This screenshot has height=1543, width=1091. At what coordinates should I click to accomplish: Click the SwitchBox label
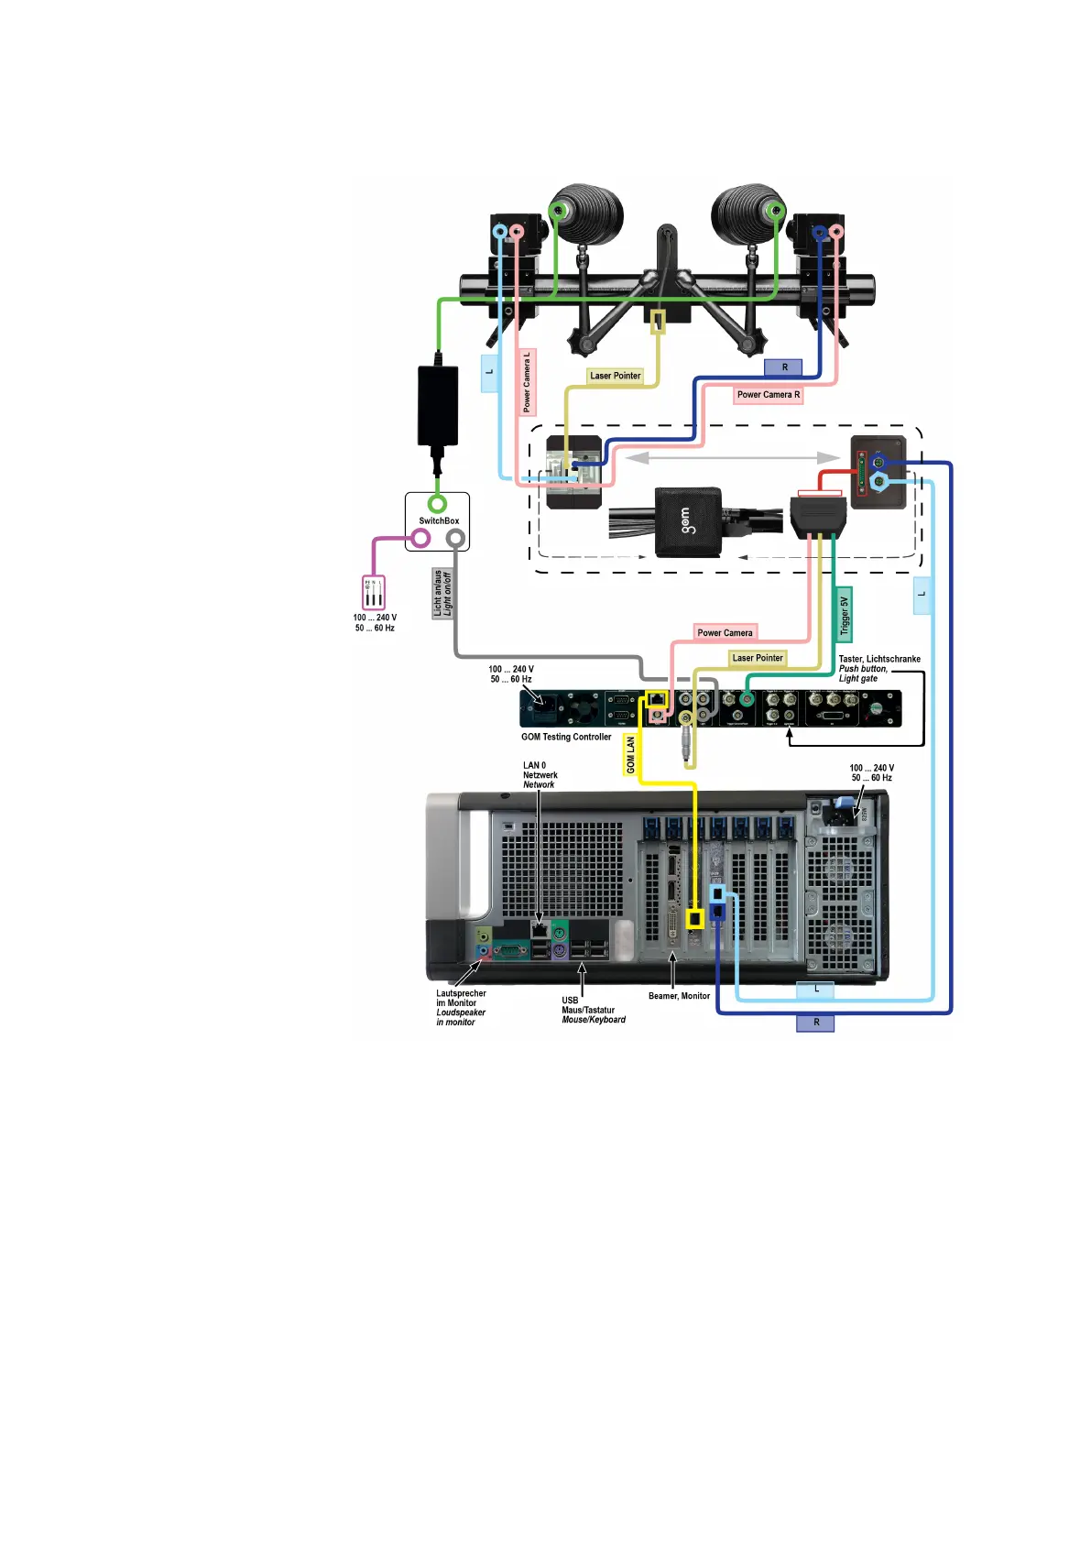[439, 520]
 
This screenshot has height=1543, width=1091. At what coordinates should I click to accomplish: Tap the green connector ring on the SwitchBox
[438, 503]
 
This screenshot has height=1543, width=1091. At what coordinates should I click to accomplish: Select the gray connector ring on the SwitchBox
[455, 538]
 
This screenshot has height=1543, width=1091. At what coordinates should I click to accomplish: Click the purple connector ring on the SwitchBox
[420, 538]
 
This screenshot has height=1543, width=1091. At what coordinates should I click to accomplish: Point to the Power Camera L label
[528, 381]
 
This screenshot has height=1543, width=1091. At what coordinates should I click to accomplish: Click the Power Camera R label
[769, 395]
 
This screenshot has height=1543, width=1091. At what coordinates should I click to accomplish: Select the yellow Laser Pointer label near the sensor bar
[615, 376]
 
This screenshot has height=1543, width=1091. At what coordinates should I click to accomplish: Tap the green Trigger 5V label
[845, 614]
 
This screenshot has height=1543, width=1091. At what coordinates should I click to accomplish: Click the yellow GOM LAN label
[630, 755]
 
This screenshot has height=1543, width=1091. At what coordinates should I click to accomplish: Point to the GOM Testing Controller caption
[566, 737]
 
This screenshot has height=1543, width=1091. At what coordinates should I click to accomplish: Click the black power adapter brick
[438, 406]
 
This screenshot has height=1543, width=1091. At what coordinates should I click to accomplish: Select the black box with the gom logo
[688, 522]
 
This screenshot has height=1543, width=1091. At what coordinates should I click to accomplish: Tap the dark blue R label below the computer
[815, 1023]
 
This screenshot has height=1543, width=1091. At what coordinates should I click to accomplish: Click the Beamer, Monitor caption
[679, 996]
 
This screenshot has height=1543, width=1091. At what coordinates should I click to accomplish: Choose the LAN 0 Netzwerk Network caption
[540, 775]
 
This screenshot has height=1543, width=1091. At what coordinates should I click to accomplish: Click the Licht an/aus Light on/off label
[442, 593]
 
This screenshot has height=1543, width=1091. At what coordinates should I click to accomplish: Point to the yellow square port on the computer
[695, 917]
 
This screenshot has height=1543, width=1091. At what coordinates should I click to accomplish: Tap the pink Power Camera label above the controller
[725, 633]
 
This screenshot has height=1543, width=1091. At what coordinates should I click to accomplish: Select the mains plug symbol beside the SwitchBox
[374, 592]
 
